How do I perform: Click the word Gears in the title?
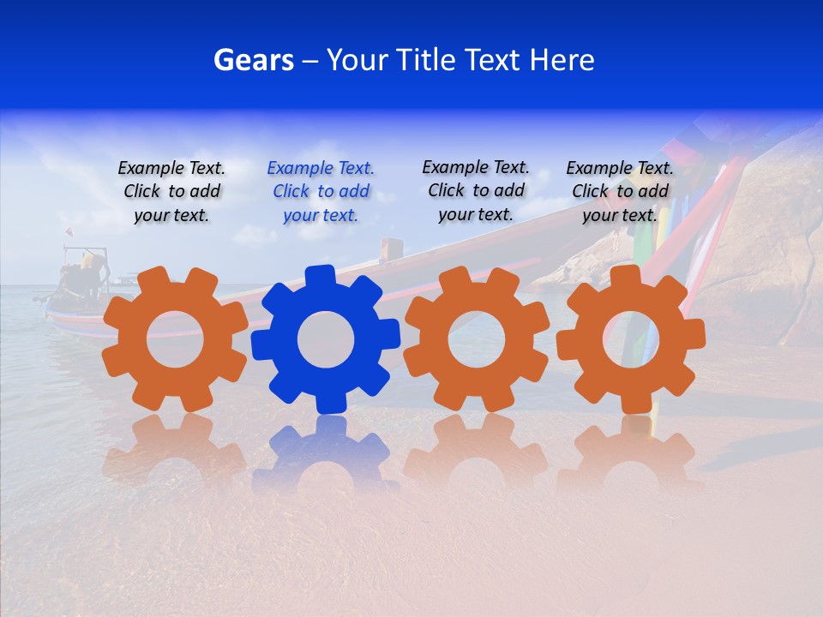253,60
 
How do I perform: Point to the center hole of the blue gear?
325,340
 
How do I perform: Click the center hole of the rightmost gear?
630,339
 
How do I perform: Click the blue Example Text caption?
321,192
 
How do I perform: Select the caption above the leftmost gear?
171,192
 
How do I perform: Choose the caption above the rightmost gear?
620,192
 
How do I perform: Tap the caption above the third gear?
476,190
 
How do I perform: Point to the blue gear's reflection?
325,454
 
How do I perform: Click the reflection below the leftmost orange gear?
175,450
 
